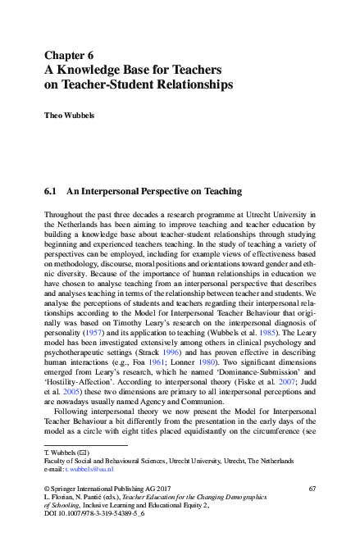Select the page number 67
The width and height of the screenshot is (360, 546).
312,489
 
